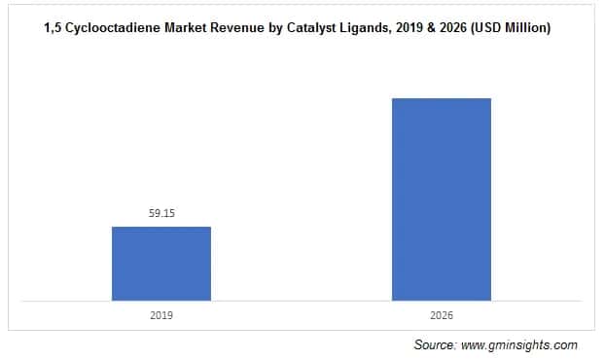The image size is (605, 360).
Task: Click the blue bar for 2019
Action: click(x=161, y=264)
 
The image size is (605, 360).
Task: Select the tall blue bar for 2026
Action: click(x=442, y=199)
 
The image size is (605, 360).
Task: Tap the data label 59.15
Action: click(x=161, y=213)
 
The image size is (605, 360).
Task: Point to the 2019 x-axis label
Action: click(x=161, y=315)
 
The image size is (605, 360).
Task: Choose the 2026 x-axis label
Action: click(x=442, y=315)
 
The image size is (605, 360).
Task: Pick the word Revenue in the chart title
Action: click(x=242, y=29)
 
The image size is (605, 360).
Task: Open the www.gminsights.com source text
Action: click(x=521, y=345)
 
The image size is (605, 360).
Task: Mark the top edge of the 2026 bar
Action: click(x=442, y=98)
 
